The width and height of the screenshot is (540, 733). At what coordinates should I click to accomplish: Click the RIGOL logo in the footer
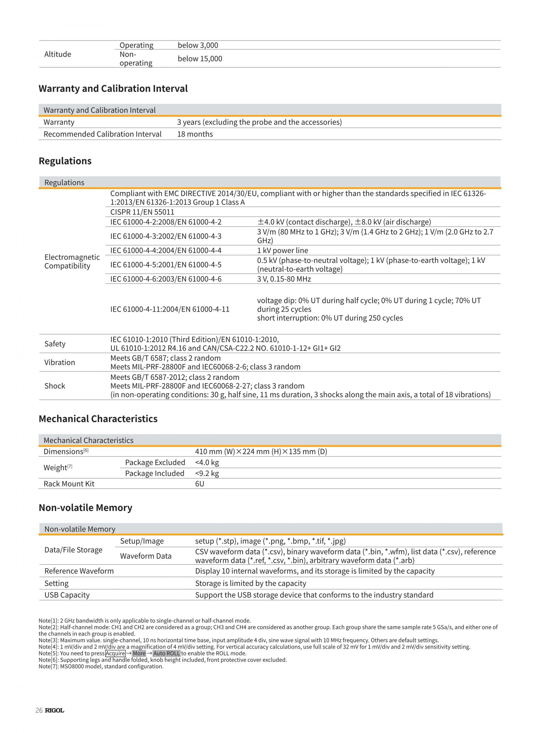55,710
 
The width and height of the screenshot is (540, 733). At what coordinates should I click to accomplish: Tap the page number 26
39,710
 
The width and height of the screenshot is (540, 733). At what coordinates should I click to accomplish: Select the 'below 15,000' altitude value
200,59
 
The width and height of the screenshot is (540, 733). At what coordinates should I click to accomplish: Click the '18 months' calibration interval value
195,134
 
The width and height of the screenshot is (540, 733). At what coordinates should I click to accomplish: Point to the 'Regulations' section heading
65,161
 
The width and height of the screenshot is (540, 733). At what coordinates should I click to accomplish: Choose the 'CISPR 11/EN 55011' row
142,212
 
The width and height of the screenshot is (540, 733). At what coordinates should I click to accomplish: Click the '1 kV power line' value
282,250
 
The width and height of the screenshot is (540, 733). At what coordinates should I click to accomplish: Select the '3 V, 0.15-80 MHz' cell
284,279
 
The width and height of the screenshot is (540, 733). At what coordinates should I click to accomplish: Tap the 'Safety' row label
55,344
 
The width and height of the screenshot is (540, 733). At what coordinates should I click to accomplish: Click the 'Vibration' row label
60,362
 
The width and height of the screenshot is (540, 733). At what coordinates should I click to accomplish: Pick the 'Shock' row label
55,386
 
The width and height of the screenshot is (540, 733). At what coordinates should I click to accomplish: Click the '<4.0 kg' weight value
207,462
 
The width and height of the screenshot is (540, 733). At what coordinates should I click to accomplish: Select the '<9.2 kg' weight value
207,473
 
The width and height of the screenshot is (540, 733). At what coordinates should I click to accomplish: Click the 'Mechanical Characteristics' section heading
98,419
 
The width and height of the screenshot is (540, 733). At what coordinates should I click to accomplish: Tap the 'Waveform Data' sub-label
145,556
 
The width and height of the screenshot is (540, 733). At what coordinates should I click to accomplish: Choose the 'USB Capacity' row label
67,595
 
